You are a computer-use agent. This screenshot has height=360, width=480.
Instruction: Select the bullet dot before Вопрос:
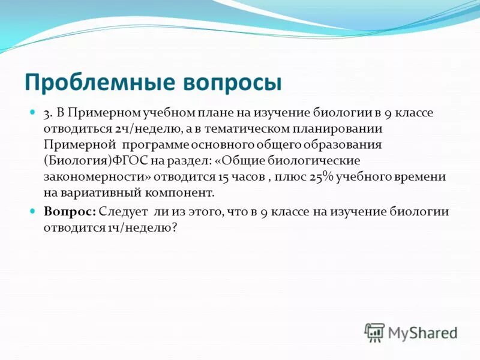click(x=34, y=211)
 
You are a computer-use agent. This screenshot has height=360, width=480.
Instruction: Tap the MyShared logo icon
click(x=374, y=332)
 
